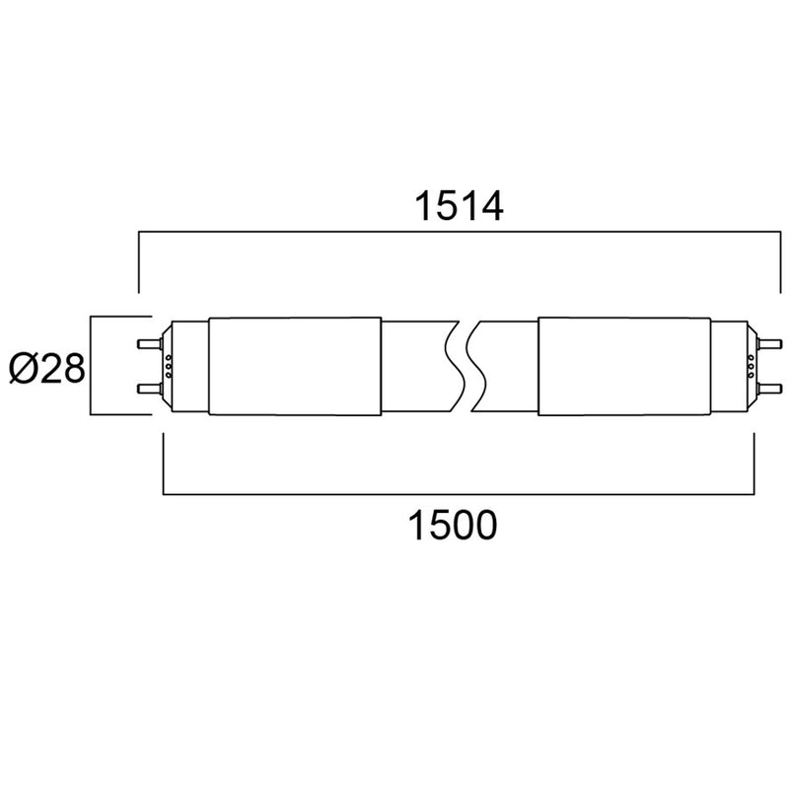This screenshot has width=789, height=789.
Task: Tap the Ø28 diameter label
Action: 45,368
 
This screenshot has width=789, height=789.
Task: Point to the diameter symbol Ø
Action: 24,368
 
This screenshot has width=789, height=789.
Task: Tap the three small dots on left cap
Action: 169,367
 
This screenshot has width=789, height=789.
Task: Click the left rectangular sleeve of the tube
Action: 295,366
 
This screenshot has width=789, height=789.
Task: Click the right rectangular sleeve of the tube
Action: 623,366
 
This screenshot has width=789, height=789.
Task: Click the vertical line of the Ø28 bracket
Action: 90,367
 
